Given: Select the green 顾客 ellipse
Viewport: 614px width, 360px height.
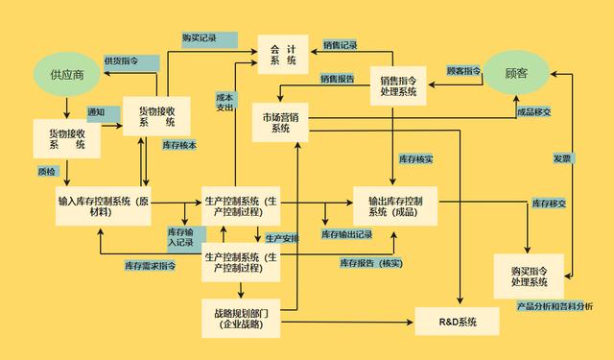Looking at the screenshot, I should pos(516,72).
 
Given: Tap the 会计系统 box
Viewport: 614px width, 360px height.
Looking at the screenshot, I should pos(283,54).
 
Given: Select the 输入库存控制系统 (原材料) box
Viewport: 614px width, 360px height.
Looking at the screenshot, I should pos(104,206).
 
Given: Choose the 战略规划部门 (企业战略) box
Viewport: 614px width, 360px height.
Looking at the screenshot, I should pos(241,319).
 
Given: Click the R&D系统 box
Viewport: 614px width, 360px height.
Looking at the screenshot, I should pos(457,320).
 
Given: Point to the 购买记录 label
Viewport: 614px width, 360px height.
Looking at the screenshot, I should pos(200,38).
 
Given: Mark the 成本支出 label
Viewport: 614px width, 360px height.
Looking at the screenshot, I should pos(224,103).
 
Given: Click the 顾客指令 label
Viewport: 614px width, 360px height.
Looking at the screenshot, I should pos(464,71).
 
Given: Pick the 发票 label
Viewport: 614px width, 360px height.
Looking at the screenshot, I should pos(561,158).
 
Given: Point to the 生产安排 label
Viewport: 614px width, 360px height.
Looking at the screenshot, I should pos(282,237).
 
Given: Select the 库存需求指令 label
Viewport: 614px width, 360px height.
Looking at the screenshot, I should pos(150,265).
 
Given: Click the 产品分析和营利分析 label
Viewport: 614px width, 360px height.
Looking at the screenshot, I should pos(554,306).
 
